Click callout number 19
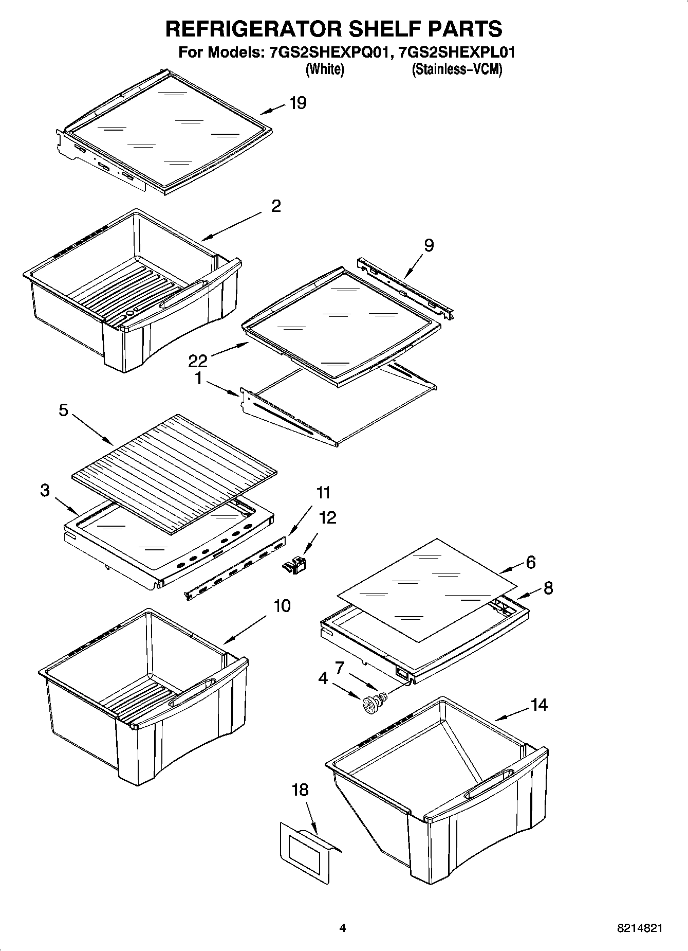click(298, 103)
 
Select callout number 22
click(197, 361)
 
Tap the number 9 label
click(429, 245)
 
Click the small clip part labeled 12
click(295, 565)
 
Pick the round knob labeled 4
click(369, 705)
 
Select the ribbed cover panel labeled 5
click(174, 472)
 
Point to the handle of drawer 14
click(489, 784)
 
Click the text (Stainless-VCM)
click(456, 69)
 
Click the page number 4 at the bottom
click(343, 928)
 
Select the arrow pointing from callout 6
click(511, 568)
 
